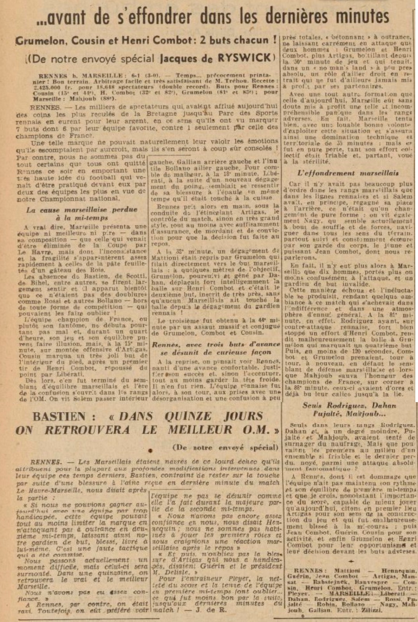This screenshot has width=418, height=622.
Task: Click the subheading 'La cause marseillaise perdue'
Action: point(82,210)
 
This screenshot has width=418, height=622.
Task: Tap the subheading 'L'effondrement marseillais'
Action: point(348,173)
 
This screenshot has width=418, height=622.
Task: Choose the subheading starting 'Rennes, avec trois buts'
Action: point(216,344)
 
